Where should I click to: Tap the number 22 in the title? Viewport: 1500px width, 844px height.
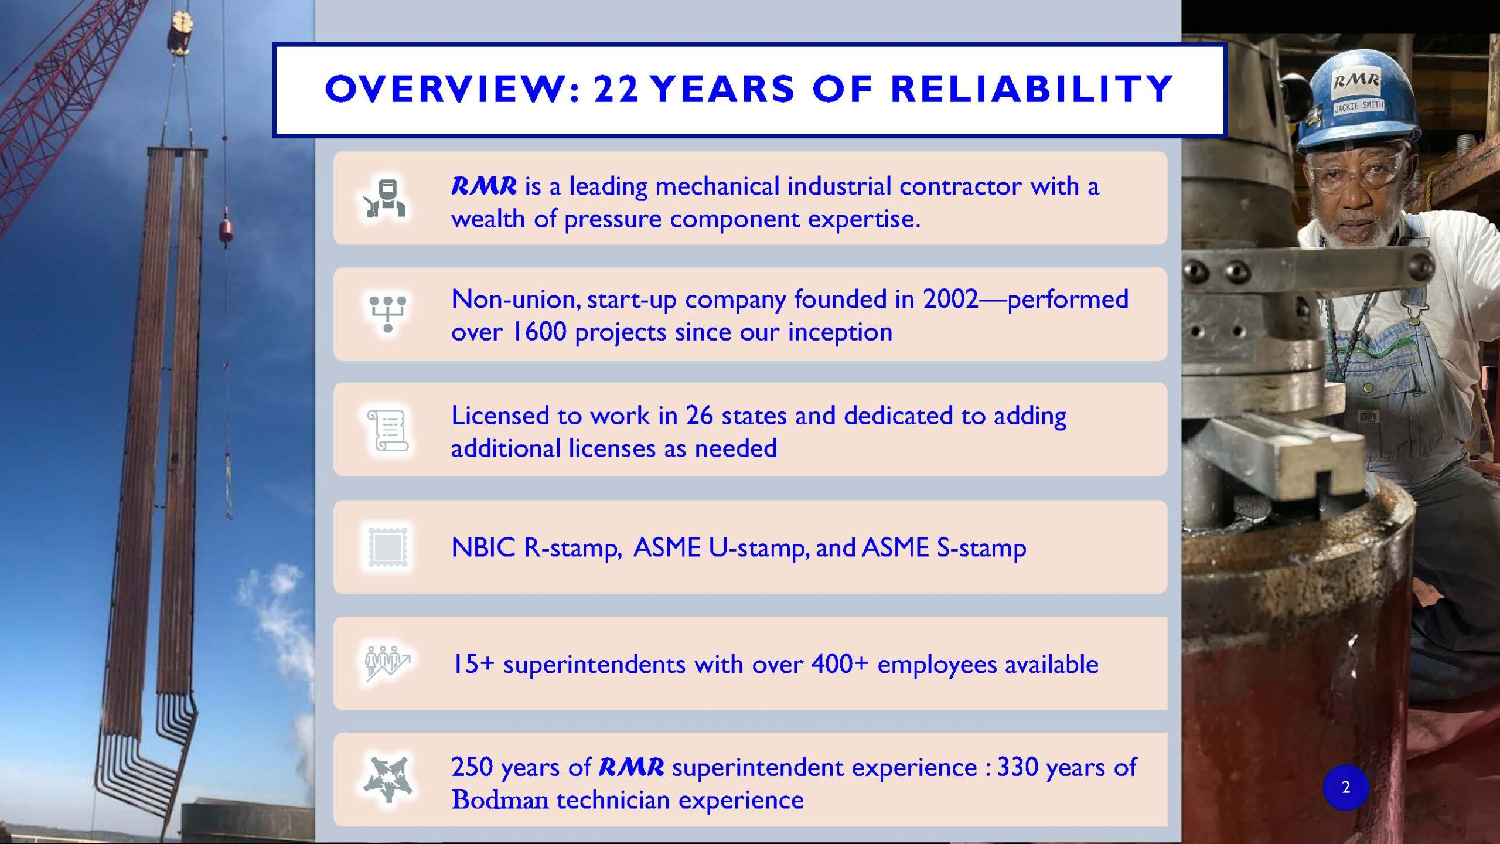pyautogui.click(x=616, y=89)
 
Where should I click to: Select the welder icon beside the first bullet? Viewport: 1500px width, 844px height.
pyautogui.click(x=385, y=198)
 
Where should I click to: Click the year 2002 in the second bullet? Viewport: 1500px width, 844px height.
pyautogui.click(x=950, y=299)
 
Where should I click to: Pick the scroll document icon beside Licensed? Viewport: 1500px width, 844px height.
pyautogui.click(x=387, y=430)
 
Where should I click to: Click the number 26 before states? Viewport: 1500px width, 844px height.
pyautogui.click(x=699, y=416)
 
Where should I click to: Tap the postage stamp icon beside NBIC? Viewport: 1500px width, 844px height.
pyautogui.click(x=387, y=547)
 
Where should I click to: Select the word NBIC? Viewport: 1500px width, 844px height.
pyautogui.click(x=483, y=547)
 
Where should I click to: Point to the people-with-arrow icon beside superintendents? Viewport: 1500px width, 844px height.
pyautogui.click(x=387, y=663)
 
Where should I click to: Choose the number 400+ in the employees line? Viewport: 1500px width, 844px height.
pyautogui.click(x=839, y=664)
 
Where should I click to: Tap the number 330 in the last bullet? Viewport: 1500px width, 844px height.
pyautogui.click(x=1017, y=767)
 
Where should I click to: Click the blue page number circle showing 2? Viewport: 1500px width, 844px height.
pyautogui.click(x=1345, y=787)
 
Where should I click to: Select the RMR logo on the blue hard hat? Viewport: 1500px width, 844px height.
pyautogui.click(x=1356, y=80)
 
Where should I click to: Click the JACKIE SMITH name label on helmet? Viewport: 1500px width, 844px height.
pyautogui.click(x=1358, y=106)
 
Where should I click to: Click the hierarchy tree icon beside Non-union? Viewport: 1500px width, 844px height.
pyautogui.click(x=387, y=314)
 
